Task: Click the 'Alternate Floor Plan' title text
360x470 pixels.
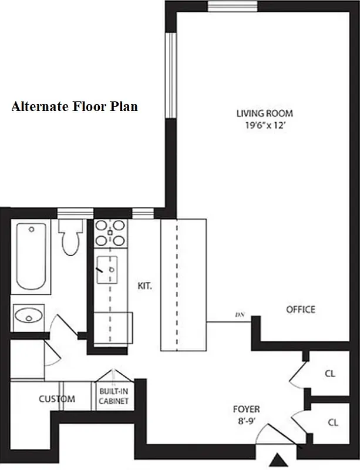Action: [x=75, y=107]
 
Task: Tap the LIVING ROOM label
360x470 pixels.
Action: [x=264, y=113]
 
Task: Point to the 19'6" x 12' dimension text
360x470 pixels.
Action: [x=264, y=125]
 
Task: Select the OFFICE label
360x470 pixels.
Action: [x=300, y=310]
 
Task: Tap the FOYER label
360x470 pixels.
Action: [x=246, y=409]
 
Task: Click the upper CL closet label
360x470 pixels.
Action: [x=331, y=373]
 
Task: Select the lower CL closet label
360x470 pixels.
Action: [x=332, y=422]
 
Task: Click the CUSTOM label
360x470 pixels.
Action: [x=57, y=399]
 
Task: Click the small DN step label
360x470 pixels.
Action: [x=239, y=315]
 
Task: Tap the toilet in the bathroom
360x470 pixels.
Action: [x=72, y=239]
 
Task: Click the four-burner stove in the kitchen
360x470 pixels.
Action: [x=110, y=232]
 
